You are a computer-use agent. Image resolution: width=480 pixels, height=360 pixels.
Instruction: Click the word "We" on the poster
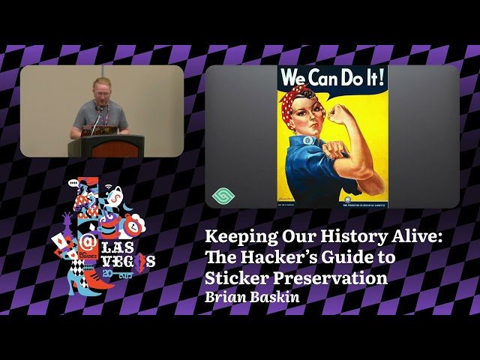pos(295,77)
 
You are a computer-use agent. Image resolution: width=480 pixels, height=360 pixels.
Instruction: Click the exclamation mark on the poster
pos(382,77)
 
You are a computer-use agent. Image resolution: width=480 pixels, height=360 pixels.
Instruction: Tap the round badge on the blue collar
pos(308,140)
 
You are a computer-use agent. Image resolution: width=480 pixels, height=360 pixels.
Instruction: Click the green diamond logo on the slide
pos(223,195)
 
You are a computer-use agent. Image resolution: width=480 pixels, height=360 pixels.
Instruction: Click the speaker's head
pos(101,88)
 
